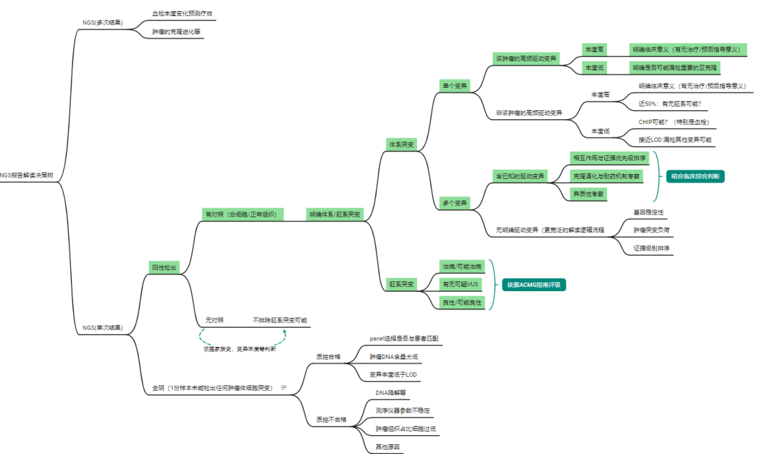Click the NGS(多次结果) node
(x=102, y=22)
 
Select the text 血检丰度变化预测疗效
(x=183, y=13)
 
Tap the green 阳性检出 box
(x=164, y=267)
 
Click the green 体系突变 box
(x=402, y=144)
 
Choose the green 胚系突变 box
(x=402, y=284)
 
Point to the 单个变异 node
(x=454, y=86)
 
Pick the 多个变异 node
(x=454, y=203)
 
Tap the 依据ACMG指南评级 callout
(x=534, y=284)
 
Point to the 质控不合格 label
(x=331, y=420)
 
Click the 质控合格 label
(x=328, y=356)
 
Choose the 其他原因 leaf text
(x=387, y=446)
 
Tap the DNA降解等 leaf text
(x=391, y=393)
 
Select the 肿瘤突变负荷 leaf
(x=651, y=229)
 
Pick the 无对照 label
(x=214, y=320)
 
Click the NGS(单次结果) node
(x=102, y=327)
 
